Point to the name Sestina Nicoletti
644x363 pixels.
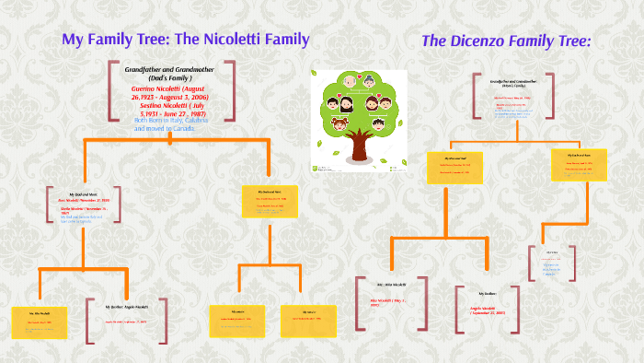pos(184,105)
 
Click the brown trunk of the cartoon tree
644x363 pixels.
pos(359,141)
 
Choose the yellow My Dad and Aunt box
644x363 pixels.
pos(270,201)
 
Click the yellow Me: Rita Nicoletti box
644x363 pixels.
pos(39,322)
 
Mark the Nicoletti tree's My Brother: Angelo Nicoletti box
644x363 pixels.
pos(125,319)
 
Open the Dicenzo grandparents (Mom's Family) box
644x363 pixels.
pos(513,98)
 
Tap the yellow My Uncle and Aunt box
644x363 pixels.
pos(578,164)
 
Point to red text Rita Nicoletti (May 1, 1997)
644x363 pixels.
pos(388,302)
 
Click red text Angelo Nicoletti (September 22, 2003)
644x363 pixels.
pos(489,310)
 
